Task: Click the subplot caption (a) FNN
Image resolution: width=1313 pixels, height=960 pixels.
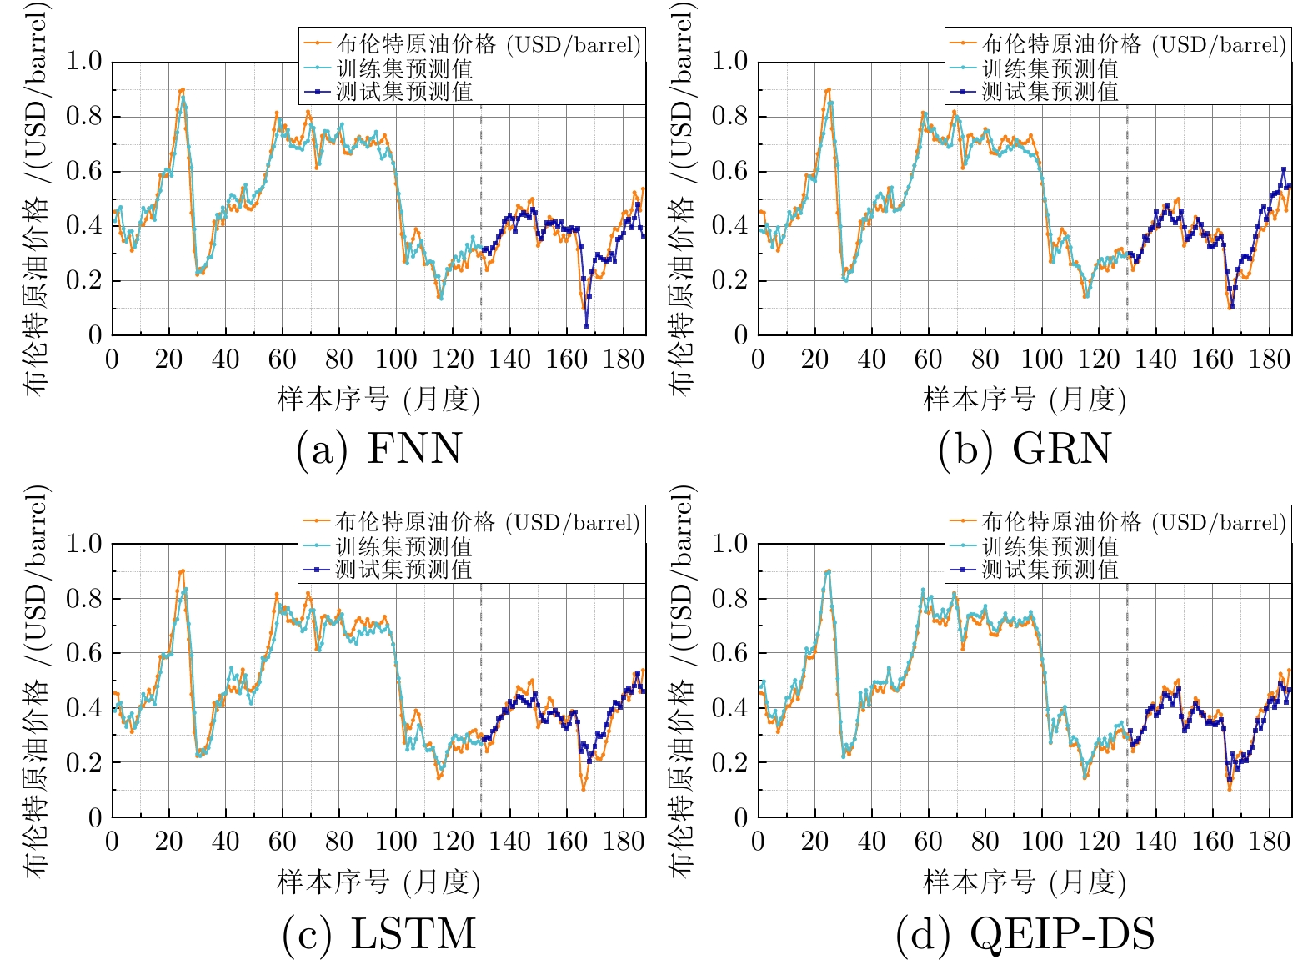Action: click(378, 449)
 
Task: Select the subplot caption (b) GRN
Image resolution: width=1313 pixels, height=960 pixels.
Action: click(1025, 449)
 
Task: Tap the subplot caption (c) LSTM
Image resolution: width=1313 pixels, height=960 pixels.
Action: click(378, 933)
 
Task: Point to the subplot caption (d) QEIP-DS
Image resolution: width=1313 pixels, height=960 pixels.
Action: click(1025, 933)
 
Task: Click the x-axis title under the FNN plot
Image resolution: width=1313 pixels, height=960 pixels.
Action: click(378, 400)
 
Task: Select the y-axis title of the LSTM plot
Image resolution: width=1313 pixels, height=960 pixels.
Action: click(36, 680)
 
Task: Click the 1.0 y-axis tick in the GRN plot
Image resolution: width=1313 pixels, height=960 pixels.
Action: click(729, 61)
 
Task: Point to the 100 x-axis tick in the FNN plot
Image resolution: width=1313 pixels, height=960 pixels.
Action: click(396, 359)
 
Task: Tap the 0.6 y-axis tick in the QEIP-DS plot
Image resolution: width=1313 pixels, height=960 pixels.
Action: click(729, 653)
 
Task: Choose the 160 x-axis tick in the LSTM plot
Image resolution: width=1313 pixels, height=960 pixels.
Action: click(567, 842)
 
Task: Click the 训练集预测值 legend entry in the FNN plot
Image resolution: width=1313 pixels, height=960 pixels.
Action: click(404, 68)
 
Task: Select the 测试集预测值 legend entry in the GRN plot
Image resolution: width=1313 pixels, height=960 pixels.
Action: click(1050, 91)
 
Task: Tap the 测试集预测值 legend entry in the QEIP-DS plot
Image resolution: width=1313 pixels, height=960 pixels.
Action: click(1050, 570)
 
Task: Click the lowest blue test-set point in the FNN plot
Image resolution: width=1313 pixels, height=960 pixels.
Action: click(586, 325)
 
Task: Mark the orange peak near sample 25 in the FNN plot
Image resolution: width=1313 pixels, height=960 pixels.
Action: click(183, 89)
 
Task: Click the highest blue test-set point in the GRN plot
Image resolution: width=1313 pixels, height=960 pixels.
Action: click(1284, 169)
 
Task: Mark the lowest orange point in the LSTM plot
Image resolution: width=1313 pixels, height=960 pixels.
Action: click(584, 789)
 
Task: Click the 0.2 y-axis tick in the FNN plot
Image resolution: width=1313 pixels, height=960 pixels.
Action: click(83, 280)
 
